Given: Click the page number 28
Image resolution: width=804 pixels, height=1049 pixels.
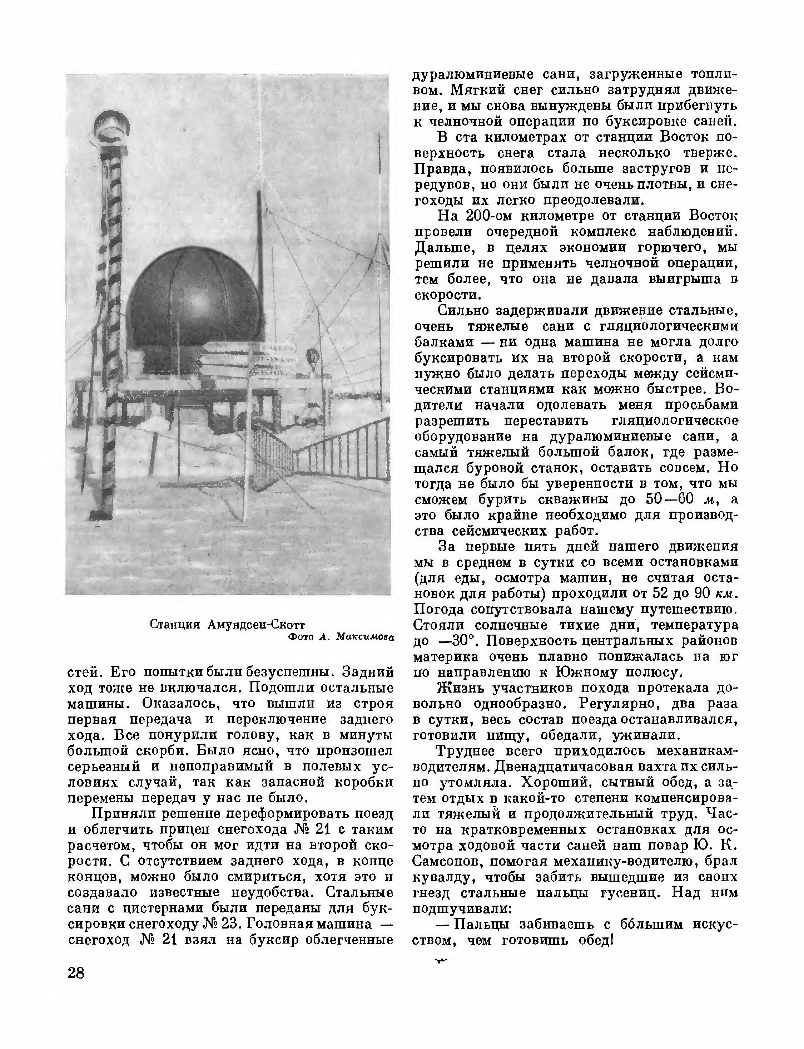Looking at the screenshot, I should click(x=76, y=972).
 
